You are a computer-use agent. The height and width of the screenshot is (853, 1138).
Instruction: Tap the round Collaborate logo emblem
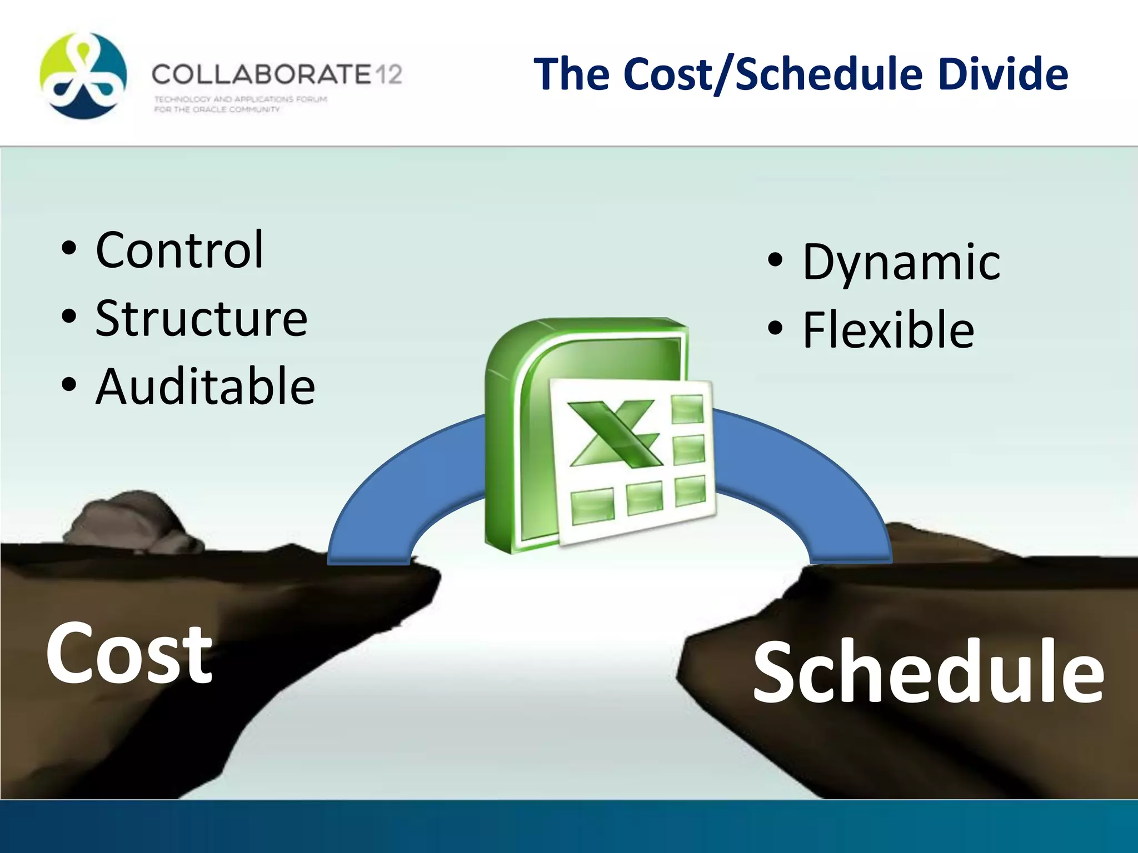83,76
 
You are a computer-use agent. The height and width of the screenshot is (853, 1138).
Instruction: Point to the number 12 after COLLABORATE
388,74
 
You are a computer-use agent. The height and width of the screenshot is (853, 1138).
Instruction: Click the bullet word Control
179,250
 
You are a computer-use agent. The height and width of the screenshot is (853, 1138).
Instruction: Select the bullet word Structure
201,318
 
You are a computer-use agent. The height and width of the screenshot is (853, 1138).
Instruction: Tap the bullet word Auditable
205,387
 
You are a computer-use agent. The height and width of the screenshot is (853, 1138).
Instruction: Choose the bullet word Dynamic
901,262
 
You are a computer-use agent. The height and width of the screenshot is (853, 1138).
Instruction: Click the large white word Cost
129,653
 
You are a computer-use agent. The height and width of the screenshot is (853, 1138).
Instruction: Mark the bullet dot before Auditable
68,384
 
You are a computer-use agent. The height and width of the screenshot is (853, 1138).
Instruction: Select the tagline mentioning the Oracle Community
217,109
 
